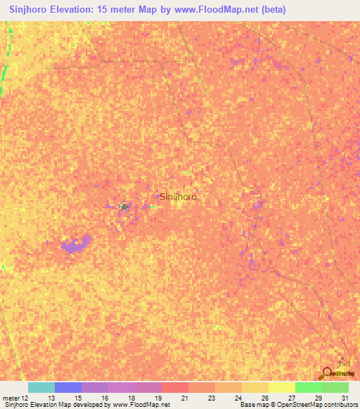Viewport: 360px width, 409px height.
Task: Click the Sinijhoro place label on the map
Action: click(178, 197)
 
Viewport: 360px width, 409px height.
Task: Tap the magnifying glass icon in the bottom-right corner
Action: click(327, 373)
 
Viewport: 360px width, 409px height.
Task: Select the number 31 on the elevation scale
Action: click(343, 398)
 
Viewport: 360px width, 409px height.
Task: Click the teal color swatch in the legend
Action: click(41, 387)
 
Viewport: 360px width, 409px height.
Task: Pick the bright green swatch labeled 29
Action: click(309, 387)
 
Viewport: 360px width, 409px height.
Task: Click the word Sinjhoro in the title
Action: click(32, 8)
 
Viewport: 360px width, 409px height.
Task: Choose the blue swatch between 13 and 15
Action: click(68, 387)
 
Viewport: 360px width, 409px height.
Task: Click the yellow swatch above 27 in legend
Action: click(282, 387)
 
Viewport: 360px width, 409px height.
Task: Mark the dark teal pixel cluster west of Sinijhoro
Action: click(124, 207)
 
